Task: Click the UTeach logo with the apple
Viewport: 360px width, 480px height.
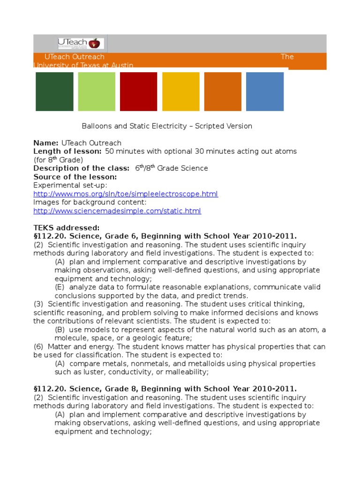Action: coord(81,44)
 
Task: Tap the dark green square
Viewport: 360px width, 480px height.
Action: coord(54,91)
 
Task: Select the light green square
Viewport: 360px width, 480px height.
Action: coord(97,91)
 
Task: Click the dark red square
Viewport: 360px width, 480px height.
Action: coord(139,91)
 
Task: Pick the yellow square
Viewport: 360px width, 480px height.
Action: coord(180,91)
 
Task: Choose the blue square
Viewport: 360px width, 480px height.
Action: coord(265,91)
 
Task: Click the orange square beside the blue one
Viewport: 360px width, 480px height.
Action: coord(223,91)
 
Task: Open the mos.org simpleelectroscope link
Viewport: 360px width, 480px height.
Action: coord(126,194)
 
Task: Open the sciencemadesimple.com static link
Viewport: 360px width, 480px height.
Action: coord(117,211)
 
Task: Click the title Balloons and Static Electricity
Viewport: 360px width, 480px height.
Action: coord(167,126)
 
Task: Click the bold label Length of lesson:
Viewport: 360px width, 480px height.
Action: coord(67,151)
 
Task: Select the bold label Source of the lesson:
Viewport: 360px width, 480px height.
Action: coord(75,177)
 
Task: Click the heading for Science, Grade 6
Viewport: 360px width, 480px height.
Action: coord(165,236)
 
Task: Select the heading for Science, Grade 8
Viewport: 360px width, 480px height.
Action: coord(165,389)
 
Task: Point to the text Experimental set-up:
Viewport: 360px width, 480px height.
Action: coord(70,186)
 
